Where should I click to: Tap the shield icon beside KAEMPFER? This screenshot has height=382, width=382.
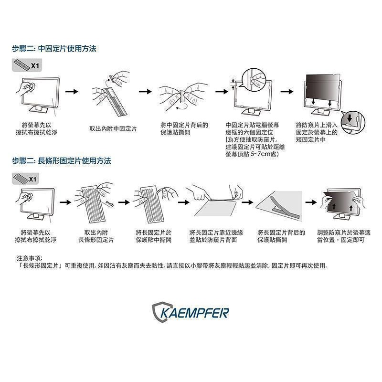160,312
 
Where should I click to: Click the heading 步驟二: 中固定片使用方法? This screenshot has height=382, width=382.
54,49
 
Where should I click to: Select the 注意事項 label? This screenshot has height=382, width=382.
30,258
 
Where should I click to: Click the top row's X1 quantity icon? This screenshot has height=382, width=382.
26,65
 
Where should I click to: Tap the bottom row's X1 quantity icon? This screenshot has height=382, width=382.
26,179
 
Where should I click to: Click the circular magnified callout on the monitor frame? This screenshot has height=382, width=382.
253,79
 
